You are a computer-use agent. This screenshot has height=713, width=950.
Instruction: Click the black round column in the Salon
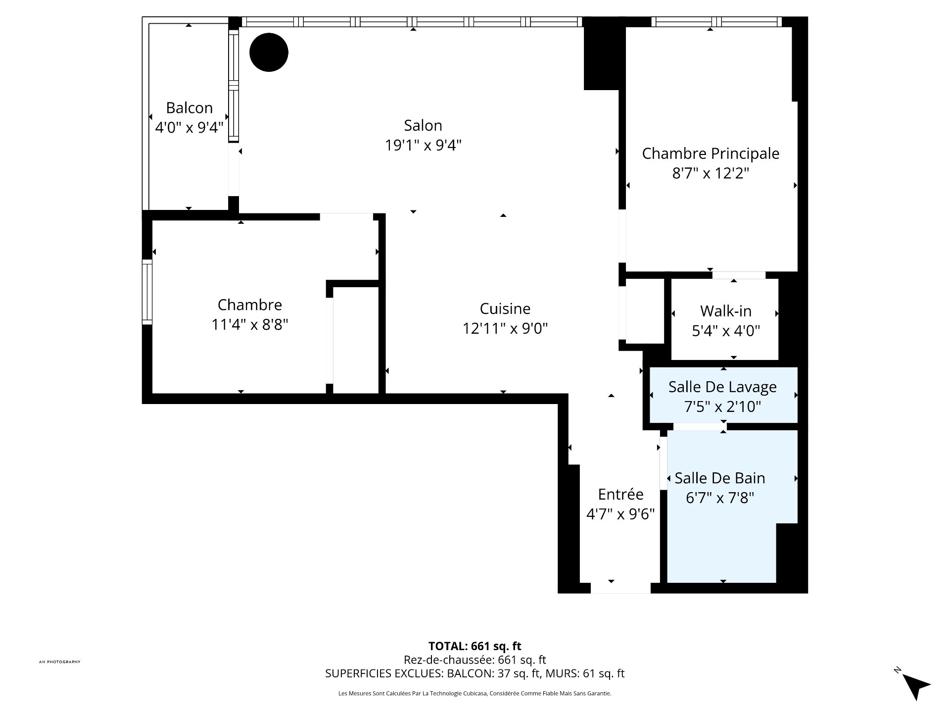point(269,52)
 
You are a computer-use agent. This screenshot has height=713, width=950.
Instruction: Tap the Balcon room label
point(189,107)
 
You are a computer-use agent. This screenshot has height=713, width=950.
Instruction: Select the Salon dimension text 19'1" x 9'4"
point(423,145)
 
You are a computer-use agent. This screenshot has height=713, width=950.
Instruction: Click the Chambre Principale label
point(710,153)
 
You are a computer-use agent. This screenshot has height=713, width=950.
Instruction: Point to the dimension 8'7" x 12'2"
point(710,173)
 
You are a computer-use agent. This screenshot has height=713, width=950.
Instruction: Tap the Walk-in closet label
point(725,311)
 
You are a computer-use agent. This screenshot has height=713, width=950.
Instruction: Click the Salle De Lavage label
point(722,387)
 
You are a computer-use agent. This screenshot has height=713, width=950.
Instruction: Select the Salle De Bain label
point(719,478)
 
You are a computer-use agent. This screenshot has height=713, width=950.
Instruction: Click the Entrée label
point(620,494)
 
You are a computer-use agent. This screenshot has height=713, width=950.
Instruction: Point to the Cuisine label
point(505,308)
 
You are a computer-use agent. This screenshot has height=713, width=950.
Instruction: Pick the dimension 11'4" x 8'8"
point(249,324)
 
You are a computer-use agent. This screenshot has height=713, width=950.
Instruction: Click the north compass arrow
point(916,686)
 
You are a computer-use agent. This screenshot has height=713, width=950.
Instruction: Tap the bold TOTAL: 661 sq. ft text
point(475,646)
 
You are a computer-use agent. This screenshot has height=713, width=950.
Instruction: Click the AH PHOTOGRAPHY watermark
point(59,662)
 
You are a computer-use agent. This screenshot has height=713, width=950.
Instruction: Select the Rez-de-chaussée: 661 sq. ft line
point(475,660)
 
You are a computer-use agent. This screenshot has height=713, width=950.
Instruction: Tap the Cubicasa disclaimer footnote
point(475,694)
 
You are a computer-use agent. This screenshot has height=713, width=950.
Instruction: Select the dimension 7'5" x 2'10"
point(722,407)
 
